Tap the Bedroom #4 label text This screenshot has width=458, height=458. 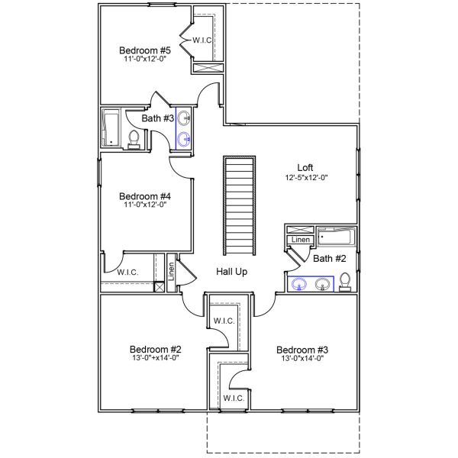click(144, 195)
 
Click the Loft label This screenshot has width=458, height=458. click(305, 167)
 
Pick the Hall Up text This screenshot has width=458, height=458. click(231, 271)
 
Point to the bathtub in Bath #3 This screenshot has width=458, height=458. click(111, 127)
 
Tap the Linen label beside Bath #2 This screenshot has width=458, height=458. click(300, 240)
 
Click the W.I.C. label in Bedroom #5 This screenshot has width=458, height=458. click(202, 40)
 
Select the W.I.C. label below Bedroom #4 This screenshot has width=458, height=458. click(127, 272)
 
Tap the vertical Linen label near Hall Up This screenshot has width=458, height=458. click(171, 274)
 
